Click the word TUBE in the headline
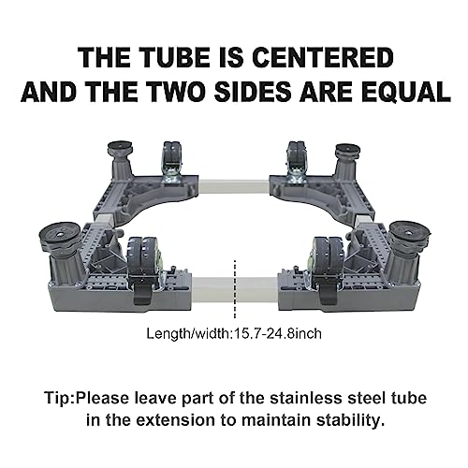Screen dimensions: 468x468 coord(175,58)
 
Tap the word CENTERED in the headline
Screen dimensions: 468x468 coord(323,58)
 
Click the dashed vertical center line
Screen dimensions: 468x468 coord(235,288)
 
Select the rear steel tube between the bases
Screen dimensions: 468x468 coord(234,188)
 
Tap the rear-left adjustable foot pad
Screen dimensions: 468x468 coord(120,148)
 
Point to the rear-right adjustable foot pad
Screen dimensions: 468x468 coord(348,151)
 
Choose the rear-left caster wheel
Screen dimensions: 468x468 coord(171,155)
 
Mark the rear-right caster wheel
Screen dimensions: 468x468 coord(296,155)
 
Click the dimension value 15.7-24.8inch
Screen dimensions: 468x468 coord(278,334)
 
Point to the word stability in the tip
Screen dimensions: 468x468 coord(348,421)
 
